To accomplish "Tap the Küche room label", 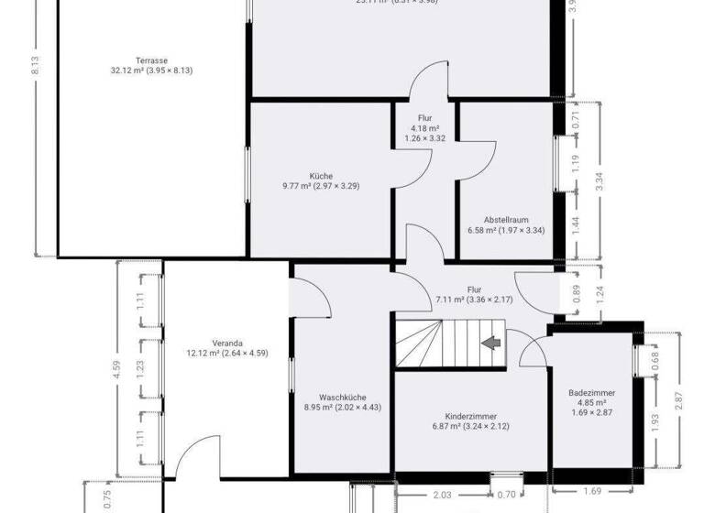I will (321, 176).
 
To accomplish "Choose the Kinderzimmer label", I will (470, 415).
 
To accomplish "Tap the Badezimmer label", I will (591, 392).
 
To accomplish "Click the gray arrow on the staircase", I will (491, 344).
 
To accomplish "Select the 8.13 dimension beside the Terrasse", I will (34, 66).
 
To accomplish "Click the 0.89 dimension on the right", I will (576, 294).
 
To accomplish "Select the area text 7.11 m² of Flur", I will (451, 300).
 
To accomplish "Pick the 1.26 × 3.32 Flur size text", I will (424, 139).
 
